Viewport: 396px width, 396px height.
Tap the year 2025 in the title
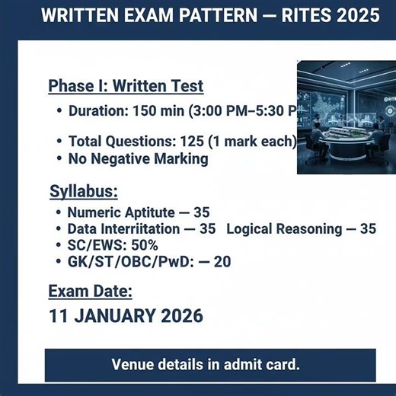(358, 17)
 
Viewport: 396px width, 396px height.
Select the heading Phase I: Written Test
(126, 85)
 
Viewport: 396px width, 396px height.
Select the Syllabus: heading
(84, 191)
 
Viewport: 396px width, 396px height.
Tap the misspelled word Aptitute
(151, 212)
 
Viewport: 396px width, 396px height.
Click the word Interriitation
(147, 228)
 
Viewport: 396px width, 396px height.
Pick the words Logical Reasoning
(283, 228)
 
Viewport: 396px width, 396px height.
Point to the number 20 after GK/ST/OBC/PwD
(222, 261)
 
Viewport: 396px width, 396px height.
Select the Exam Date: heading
(91, 292)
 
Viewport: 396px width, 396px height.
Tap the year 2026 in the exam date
(183, 315)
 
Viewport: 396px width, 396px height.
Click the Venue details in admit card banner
(206, 364)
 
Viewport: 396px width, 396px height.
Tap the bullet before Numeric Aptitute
(59, 212)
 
